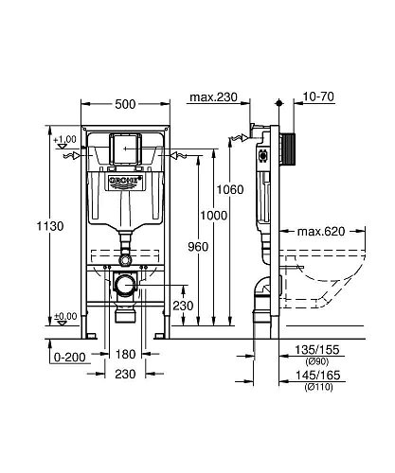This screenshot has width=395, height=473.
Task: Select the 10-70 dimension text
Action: (319, 96)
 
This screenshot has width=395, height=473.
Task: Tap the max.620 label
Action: (319, 230)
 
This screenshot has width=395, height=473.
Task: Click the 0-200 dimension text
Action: (63, 357)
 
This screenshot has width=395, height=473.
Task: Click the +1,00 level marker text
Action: (63, 140)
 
